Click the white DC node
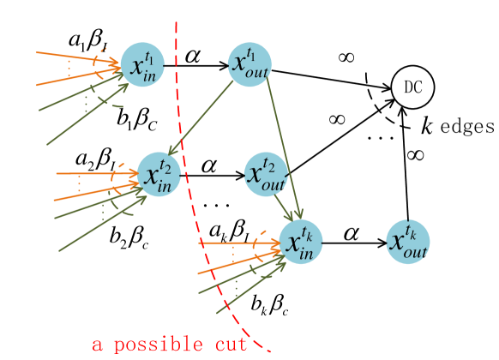(412, 87)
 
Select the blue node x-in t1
(142, 65)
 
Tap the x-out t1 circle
(250, 65)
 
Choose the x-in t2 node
(159, 175)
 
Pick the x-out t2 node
(266, 174)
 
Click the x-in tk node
(301, 242)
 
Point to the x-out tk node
(407, 242)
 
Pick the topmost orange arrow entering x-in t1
(77, 57)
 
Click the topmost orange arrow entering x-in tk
(240, 244)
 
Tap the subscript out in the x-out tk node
(414, 251)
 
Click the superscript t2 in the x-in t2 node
(165, 166)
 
